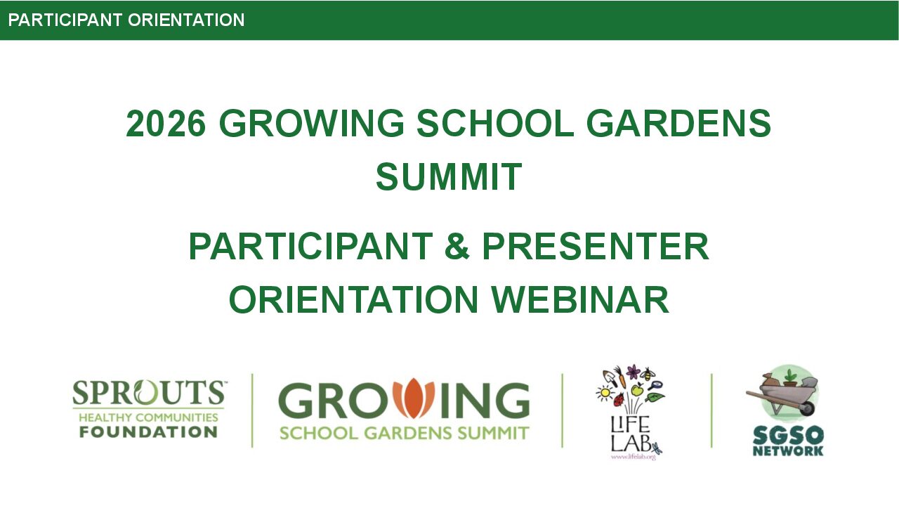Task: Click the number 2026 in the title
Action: pyautogui.click(x=166, y=124)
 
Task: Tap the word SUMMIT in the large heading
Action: pyautogui.click(x=449, y=176)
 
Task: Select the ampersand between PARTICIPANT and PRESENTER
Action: pyautogui.click(x=457, y=247)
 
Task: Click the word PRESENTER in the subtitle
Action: pyautogui.click(x=595, y=247)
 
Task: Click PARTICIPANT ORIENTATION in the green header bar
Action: pyautogui.click(x=126, y=20)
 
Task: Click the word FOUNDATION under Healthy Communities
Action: pyautogui.click(x=148, y=432)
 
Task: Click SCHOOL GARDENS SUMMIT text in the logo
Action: pyautogui.click(x=404, y=432)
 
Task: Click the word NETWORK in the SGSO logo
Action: pyautogui.click(x=787, y=450)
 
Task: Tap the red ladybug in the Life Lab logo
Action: pyautogui.click(x=619, y=401)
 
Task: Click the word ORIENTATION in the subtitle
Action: pyautogui.click(x=353, y=300)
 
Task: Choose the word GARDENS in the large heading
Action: pyautogui.click(x=678, y=124)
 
